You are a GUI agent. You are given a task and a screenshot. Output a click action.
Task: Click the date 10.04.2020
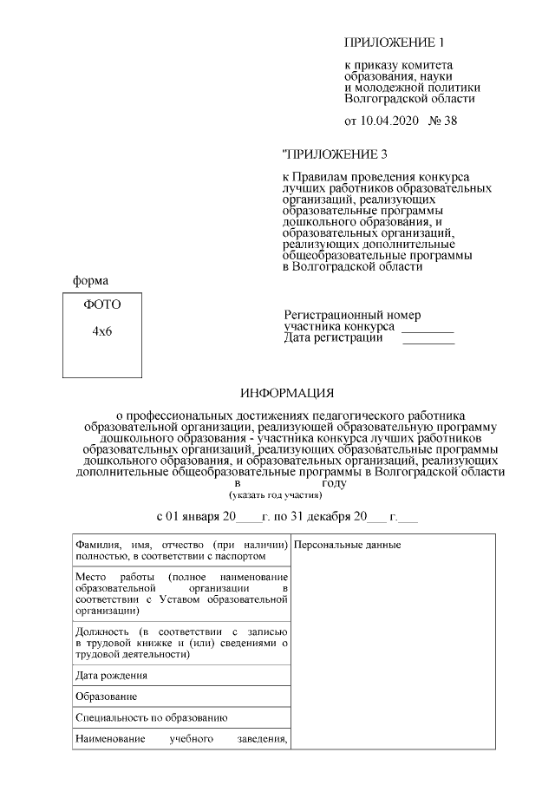click(x=388, y=121)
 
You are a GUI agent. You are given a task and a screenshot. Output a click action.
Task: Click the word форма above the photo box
click(x=90, y=280)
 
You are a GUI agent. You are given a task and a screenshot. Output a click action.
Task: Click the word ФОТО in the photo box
click(x=102, y=304)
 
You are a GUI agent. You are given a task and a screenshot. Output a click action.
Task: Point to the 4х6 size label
click(x=102, y=332)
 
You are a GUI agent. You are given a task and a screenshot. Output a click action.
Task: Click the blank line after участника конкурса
click(x=428, y=330)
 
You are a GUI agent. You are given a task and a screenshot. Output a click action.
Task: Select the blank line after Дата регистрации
click(x=428, y=342)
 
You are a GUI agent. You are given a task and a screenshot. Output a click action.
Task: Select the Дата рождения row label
click(x=111, y=675)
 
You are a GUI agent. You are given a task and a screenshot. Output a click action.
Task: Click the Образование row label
click(x=106, y=697)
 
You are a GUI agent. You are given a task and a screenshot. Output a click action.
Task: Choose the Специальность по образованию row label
click(x=151, y=718)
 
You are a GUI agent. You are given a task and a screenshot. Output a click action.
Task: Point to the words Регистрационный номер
click(x=352, y=316)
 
